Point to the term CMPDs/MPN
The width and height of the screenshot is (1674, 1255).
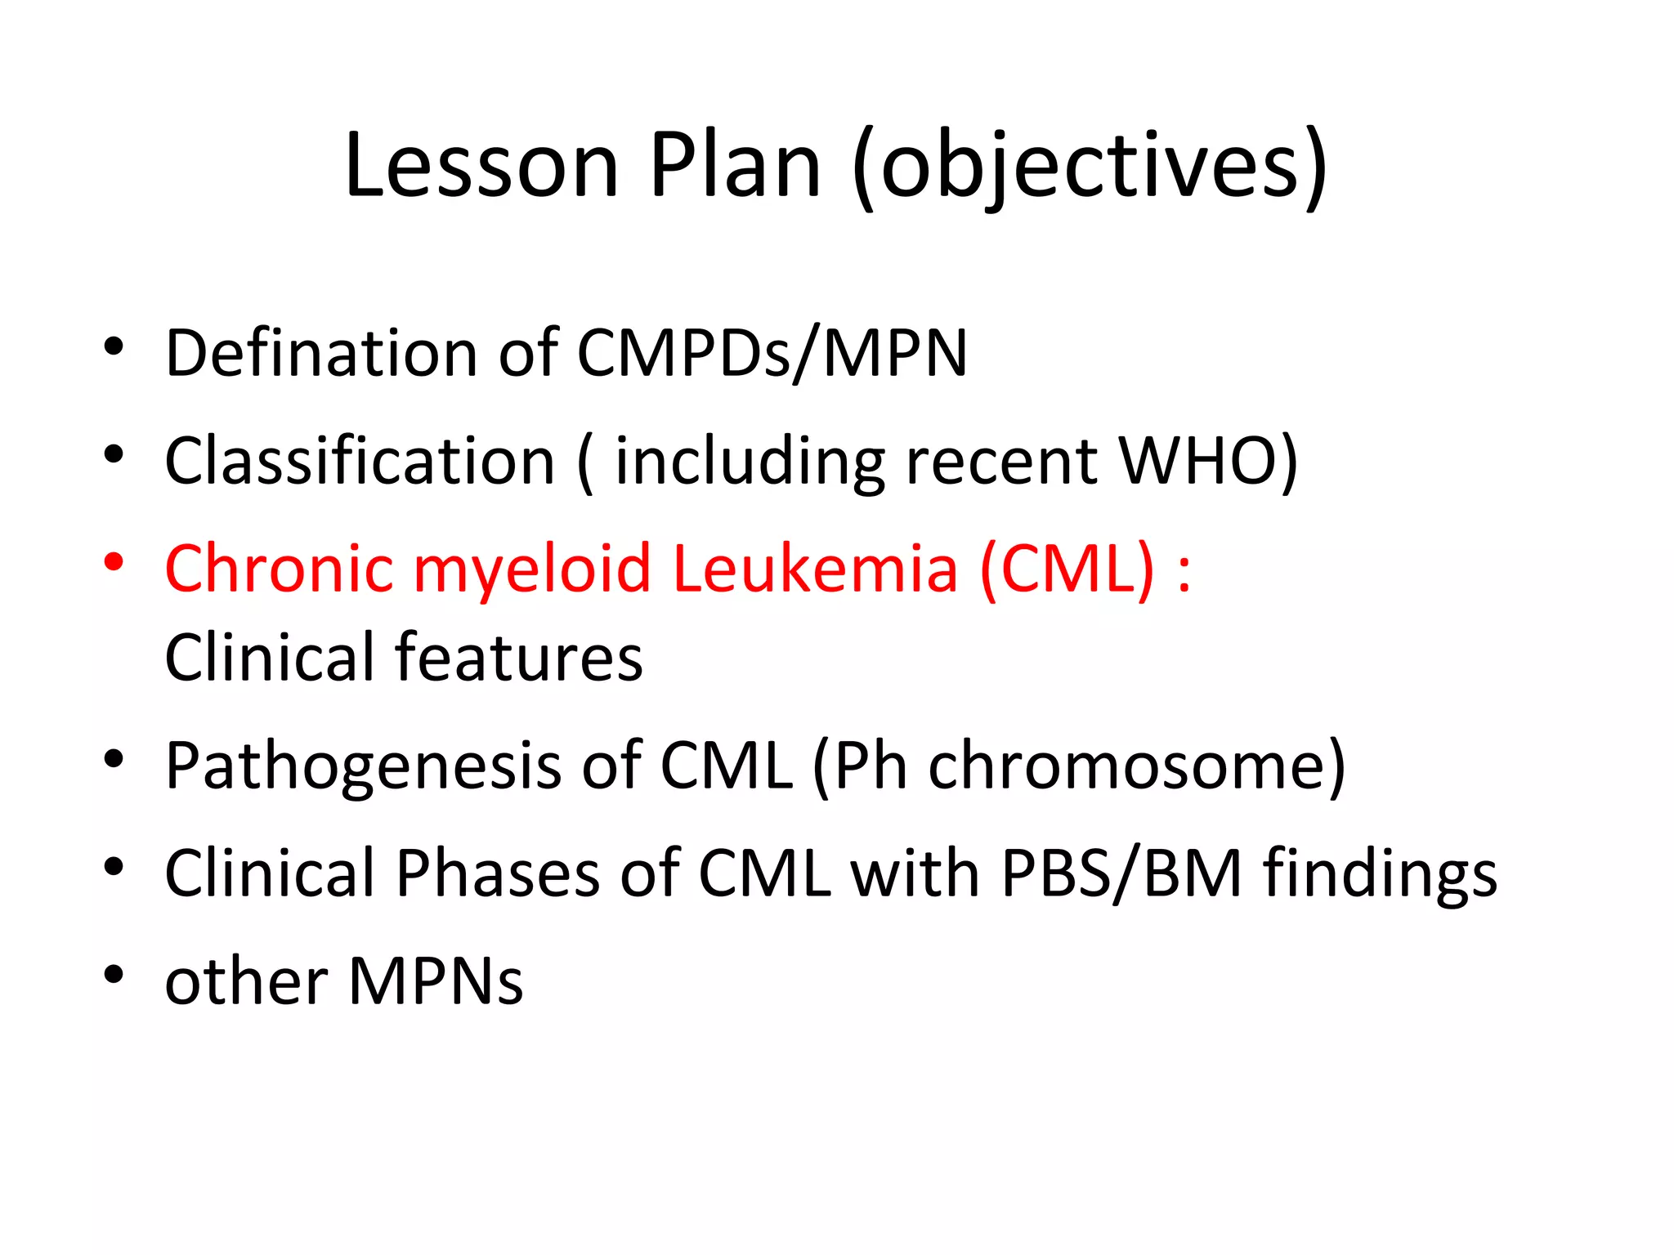(772, 353)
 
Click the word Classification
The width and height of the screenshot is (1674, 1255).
(360, 461)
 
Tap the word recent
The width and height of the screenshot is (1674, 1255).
(1002, 461)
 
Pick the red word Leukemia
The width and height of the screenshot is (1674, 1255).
(815, 569)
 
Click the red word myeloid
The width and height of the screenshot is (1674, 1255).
(532, 569)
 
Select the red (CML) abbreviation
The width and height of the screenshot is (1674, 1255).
(1068, 569)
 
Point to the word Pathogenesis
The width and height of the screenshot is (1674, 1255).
(364, 766)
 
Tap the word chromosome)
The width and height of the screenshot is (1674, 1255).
(1137, 766)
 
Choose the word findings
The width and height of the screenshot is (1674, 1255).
(1381, 873)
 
